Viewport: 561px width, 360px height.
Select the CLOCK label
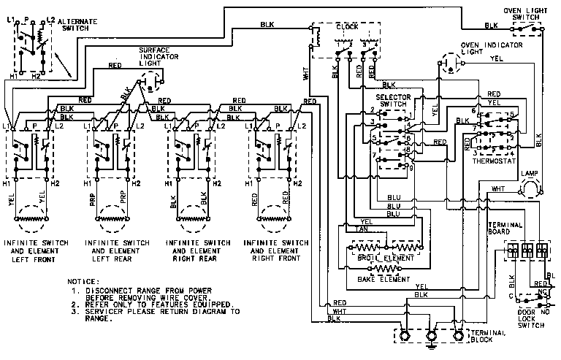[x=346, y=26]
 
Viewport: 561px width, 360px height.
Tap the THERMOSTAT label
[x=494, y=161]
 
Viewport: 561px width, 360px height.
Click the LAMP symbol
[x=527, y=188]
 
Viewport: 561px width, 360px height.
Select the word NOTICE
[x=83, y=280]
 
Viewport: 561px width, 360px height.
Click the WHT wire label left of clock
[x=305, y=73]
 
